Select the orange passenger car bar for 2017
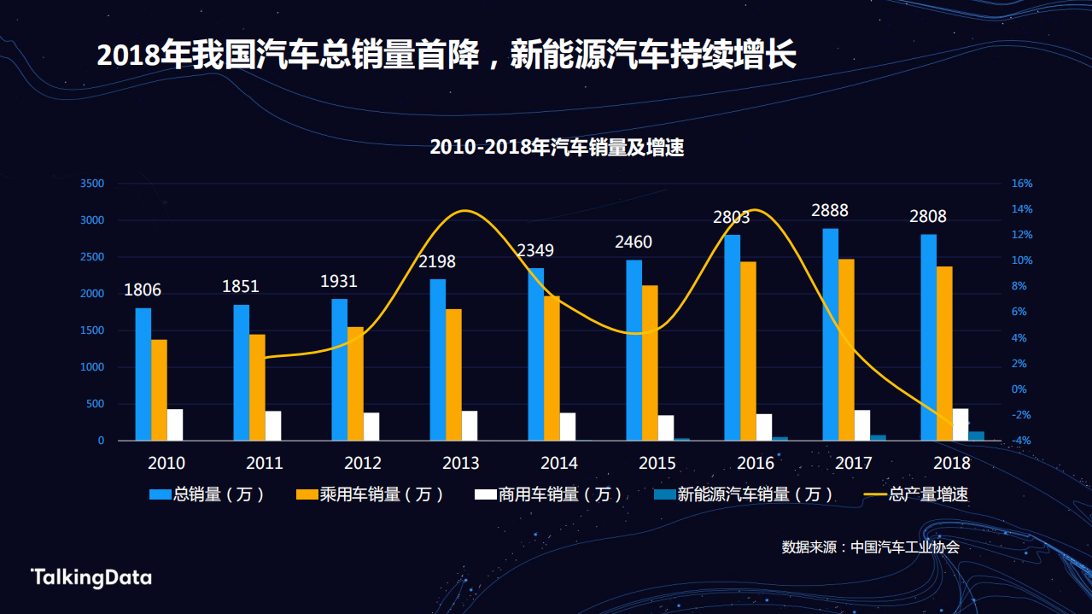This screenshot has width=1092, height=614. pos(846,349)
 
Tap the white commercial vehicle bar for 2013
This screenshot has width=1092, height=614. pos(470,425)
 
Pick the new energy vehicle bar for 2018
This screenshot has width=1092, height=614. pos(977,436)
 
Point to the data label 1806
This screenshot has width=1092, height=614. pos(143,290)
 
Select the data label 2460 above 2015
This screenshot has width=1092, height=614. pos(634,243)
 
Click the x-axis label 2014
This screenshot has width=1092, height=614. pos(559,464)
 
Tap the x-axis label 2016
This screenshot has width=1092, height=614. pos(756,464)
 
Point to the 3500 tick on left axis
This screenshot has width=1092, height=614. pos(92,184)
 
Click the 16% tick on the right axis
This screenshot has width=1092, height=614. pos(1022,184)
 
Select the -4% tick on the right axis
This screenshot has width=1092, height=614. pos(1022,441)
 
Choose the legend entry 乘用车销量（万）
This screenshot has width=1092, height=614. pos(370,494)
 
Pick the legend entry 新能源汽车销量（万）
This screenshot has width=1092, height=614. pos(742,494)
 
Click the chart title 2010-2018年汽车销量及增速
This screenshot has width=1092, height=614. pos(557,148)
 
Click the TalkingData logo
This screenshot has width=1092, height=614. pos(91,577)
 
